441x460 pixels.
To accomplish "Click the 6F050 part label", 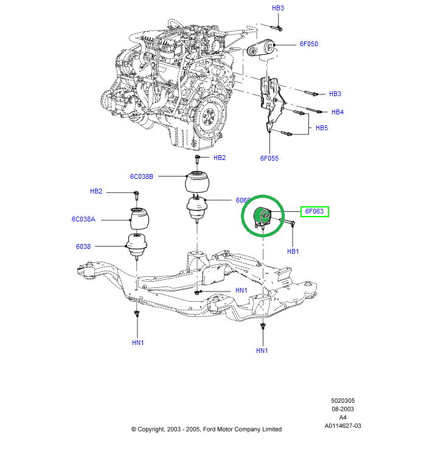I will click(308, 44).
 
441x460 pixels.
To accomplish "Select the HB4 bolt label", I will click(337, 112).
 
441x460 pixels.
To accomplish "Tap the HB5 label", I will click(321, 128).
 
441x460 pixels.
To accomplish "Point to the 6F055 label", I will click(269, 158).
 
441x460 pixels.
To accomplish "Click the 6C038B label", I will click(141, 176).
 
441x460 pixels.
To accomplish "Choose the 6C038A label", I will click(83, 218).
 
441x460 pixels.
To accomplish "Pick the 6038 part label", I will click(83, 246).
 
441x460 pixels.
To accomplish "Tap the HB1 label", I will click(293, 251).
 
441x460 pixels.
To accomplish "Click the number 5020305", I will click(343, 402).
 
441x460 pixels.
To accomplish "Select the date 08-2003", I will click(343, 409).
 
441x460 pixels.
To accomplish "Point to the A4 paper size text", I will click(343, 417).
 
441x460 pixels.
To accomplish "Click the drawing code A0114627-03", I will click(343, 425).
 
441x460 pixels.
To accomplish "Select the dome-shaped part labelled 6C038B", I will click(198, 183).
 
